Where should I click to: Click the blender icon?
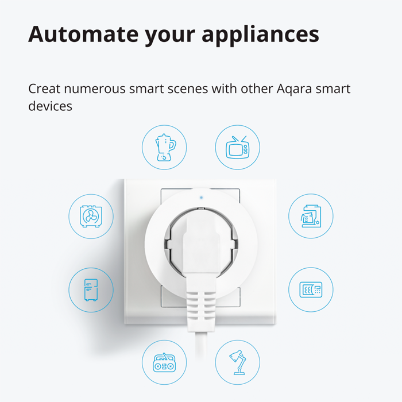coord(165,148)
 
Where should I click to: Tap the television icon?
coord(237,148)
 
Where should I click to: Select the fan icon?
coord(91,217)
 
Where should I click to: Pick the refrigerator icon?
coord(91,289)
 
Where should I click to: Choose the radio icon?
coord(165,362)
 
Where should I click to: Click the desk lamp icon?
coord(237,362)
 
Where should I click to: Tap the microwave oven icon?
coord(310,289)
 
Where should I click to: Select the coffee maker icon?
coord(310,217)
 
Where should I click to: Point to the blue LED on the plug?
coord(200,197)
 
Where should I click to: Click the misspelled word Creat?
coord(44,90)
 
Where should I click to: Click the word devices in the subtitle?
coord(50,107)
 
